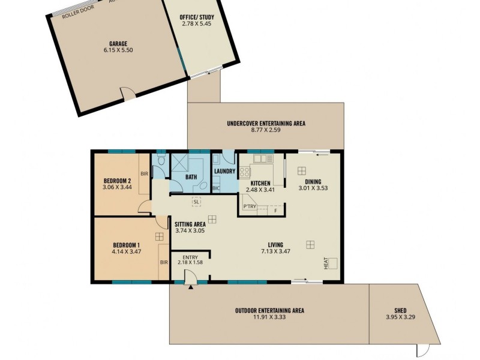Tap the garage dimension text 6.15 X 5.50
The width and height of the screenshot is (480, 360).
click(121, 51)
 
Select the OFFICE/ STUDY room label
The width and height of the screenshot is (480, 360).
click(197, 17)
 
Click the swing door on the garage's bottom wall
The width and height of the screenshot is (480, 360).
click(128, 93)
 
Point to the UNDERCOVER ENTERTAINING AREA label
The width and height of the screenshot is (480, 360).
click(266, 124)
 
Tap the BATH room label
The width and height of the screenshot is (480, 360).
click(191, 178)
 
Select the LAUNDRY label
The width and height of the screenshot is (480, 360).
click(224, 172)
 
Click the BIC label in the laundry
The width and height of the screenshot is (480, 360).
click(217, 188)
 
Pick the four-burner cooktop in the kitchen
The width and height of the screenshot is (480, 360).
click(245, 172)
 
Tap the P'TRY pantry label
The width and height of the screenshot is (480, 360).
click(250, 207)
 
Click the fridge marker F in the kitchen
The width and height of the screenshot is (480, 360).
click(275, 211)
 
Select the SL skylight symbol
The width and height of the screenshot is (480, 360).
click(196, 202)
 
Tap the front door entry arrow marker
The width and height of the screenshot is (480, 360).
click(191, 288)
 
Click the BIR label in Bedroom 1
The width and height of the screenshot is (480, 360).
click(163, 262)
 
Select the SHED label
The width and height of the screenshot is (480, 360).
click(400, 311)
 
